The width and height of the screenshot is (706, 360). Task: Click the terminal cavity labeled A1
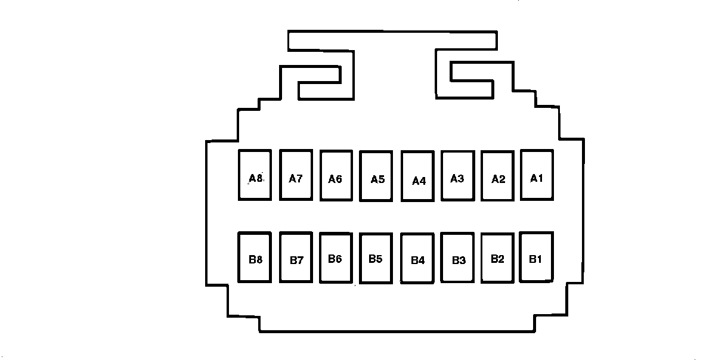pyautogui.click(x=537, y=175)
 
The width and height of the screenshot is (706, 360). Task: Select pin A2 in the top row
pyautogui.click(x=498, y=175)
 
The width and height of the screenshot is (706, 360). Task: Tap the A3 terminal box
pyautogui.click(x=457, y=175)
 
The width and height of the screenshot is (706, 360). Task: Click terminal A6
pyautogui.click(x=336, y=175)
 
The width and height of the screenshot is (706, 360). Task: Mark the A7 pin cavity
pyautogui.click(x=296, y=175)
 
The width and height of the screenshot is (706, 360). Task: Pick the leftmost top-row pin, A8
pyautogui.click(x=255, y=175)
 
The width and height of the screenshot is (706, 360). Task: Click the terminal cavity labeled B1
pyautogui.click(x=536, y=257)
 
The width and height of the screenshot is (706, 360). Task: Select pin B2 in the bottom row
pyautogui.click(x=497, y=257)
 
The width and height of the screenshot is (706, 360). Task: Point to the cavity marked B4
pyautogui.click(x=417, y=259)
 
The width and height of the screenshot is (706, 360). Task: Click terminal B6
pyautogui.click(x=336, y=257)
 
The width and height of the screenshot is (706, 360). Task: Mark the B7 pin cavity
pyautogui.click(x=296, y=257)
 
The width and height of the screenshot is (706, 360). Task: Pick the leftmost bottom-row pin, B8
pyautogui.click(x=255, y=257)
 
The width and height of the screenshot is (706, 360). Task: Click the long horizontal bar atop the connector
pyautogui.click(x=392, y=40)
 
